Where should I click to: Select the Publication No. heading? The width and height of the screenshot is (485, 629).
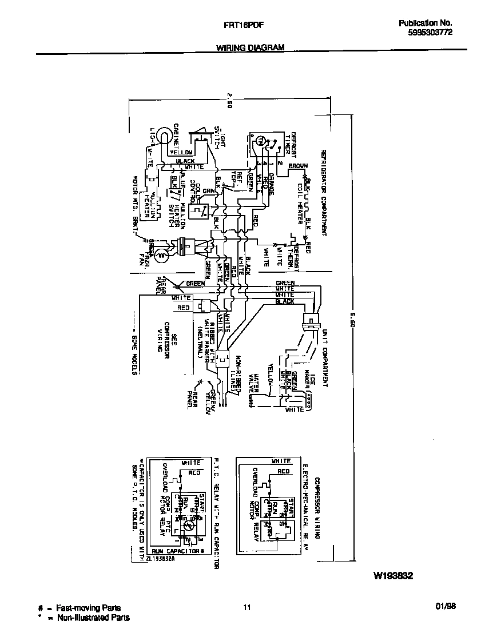[x=425, y=23]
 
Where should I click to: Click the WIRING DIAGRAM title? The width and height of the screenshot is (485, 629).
[x=251, y=49]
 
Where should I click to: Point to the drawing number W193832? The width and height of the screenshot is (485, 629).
[x=393, y=576]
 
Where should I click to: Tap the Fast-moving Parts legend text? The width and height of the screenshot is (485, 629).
[x=88, y=608]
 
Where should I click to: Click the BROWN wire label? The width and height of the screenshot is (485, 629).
[x=297, y=166]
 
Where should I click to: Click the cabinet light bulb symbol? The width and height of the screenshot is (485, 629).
[x=164, y=136]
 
